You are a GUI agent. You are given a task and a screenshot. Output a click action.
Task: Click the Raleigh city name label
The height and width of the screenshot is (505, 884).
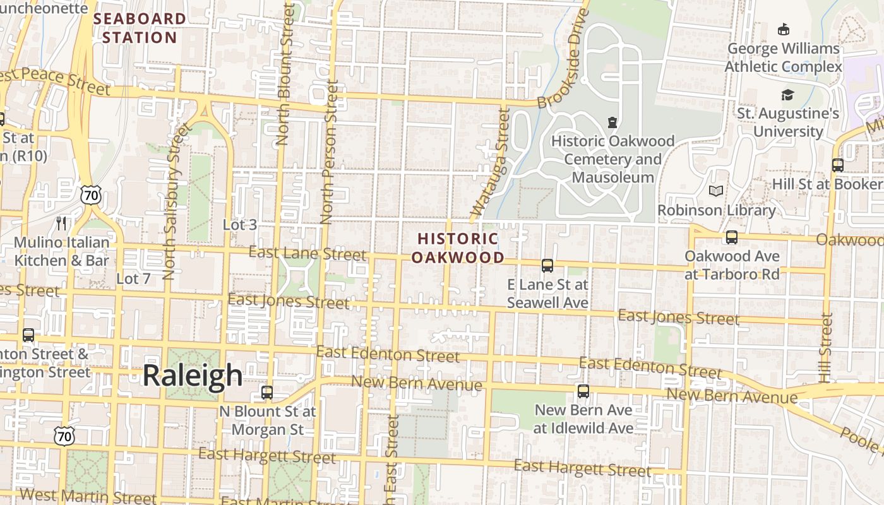pyautogui.click(x=192, y=376)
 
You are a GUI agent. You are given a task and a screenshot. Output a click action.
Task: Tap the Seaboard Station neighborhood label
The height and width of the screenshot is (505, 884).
pyautogui.click(x=140, y=28)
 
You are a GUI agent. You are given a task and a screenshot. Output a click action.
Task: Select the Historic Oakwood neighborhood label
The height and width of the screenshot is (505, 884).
pyautogui.click(x=458, y=248)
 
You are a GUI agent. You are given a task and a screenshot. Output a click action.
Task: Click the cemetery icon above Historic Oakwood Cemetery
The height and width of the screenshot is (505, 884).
pyautogui.click(x=612, y=122)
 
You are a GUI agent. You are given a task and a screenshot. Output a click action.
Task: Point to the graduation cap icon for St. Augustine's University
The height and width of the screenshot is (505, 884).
pyautogui.click(x=787, y=95)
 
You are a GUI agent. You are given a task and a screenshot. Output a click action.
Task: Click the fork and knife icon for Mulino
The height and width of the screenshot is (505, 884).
pyautogui.click(x=61, y=223)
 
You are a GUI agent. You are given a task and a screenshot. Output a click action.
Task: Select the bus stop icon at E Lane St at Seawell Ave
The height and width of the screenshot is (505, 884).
pyautogui.click(x=547, y=266)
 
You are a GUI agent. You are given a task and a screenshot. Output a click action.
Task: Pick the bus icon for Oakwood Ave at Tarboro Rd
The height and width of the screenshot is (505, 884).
pyautogui.click(x=732, y=237)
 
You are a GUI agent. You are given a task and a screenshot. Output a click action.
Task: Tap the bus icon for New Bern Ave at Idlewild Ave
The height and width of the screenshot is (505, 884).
pyautogui.click(x=583, y=391)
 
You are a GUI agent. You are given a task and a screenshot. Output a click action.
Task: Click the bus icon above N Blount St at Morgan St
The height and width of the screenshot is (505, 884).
pyautogui.click(x=267, y=393)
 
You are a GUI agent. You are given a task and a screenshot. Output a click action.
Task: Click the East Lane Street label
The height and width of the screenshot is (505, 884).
pyautogui.click(x=307, y=254)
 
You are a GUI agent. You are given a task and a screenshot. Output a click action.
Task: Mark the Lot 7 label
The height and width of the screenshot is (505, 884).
pyautogui.click(x=133, y=278)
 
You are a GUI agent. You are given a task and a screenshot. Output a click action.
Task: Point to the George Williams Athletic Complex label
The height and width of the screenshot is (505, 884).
pyautogui.click(x=783, y=57)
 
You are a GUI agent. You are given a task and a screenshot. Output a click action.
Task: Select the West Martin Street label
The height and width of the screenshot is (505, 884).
pyautogui.click(x=88, y=496)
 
